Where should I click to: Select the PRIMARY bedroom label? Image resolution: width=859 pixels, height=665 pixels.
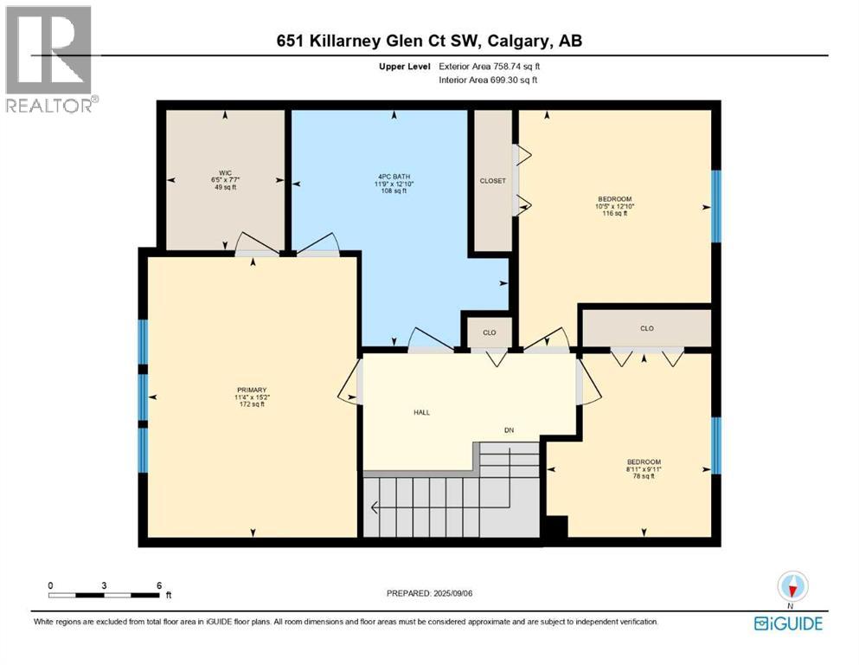252,390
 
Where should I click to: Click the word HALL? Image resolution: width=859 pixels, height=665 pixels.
421,412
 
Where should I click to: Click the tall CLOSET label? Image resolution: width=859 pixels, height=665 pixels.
492,181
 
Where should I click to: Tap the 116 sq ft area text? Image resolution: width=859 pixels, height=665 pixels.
616,213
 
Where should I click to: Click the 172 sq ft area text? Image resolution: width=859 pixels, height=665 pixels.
252,404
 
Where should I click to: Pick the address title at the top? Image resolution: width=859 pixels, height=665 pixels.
429,42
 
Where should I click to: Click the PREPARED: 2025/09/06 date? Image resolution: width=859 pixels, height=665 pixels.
429,593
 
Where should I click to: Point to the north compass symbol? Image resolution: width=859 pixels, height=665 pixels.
792,587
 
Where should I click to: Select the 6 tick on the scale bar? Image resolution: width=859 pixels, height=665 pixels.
159,586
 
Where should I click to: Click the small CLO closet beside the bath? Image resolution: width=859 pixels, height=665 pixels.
489,332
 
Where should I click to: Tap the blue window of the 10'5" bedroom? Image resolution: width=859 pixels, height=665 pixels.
715,205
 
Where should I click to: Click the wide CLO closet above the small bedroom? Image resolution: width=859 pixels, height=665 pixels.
646,328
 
